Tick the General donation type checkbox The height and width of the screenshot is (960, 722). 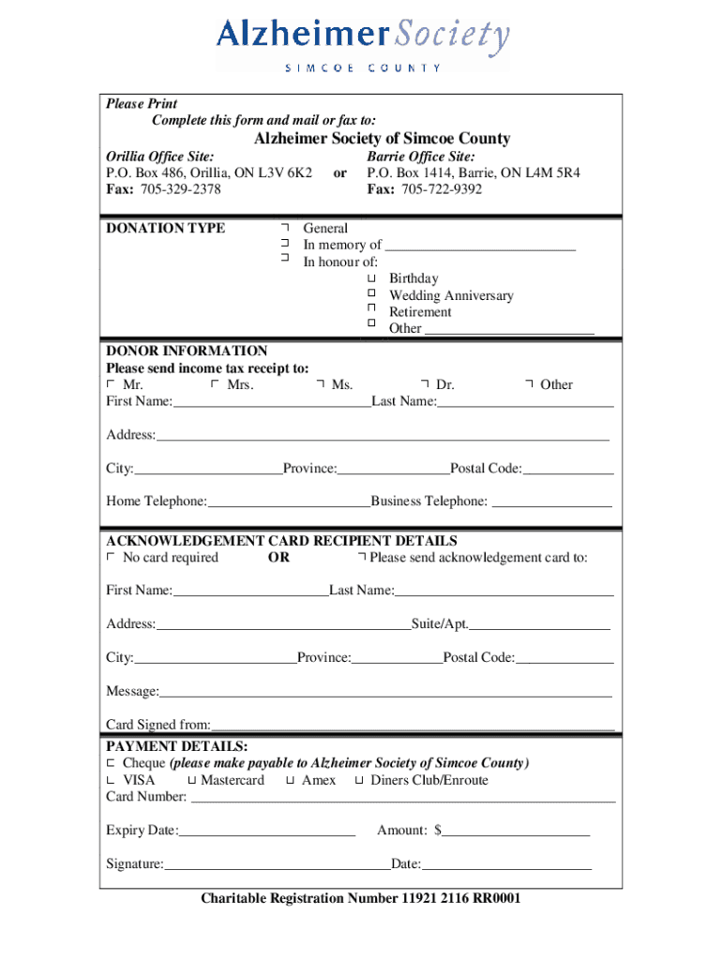point(283,228)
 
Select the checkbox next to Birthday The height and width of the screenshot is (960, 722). point(371,278)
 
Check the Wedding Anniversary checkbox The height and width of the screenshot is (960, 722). point(371,295)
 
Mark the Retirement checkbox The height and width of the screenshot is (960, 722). point(371,312)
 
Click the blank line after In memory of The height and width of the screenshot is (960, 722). point(480,247)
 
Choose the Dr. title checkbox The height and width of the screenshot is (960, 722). point(424,384)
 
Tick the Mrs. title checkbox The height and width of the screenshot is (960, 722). point(215,384)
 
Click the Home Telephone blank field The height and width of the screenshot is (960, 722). point(289,502)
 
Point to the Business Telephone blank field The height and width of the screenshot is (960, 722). point(551,502)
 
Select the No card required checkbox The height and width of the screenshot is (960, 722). point(111,558)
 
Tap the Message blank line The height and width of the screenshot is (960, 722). point(385,693)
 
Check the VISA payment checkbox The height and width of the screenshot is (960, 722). point(111,780)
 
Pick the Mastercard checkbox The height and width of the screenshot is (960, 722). point(191,780)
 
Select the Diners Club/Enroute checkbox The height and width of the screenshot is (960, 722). point(359,780)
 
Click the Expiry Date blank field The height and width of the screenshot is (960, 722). point(267,832)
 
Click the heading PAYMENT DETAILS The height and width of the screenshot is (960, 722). point(177,746)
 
